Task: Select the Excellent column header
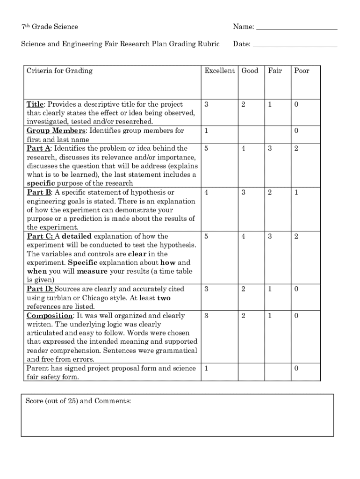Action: [219, 71]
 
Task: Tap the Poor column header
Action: [302, 71]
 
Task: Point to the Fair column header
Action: [275, 71]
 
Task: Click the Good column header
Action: [250, 71]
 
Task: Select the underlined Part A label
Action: [39, 148]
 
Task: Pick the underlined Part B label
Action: [39, 192]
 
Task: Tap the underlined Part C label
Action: [40, 236]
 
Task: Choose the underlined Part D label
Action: [40, 289]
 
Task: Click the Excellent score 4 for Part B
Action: [206, 192]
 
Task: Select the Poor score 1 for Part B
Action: [296, 192]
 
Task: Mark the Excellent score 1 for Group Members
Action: [206, 131]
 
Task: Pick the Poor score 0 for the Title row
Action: [296, 104]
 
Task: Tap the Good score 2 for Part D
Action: [243, 289]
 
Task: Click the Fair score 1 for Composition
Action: [269, 316]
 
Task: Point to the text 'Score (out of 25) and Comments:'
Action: [79, 401]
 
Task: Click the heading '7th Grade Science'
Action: [50, 27]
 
